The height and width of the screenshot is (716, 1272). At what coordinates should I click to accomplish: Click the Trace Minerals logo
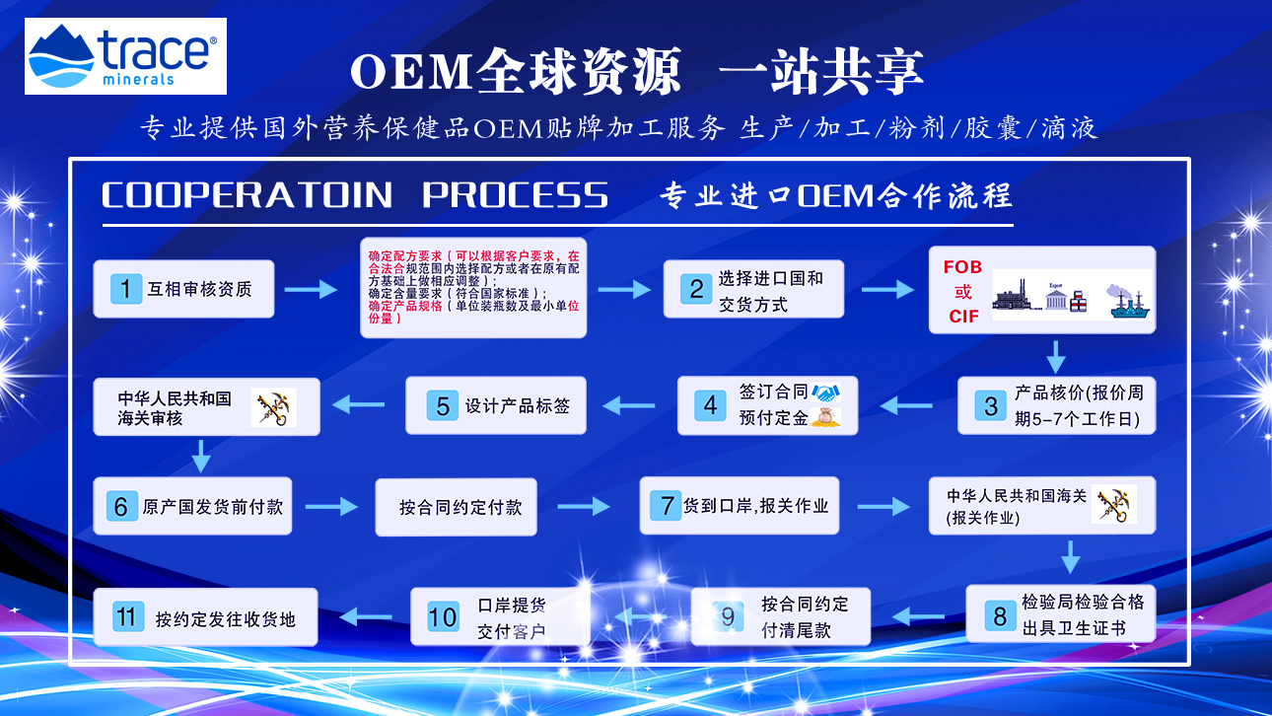[x=125, y=55]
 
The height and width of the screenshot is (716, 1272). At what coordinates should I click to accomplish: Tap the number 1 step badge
[x=125, y=289]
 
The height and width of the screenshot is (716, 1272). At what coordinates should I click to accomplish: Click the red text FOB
[x=962, y=267]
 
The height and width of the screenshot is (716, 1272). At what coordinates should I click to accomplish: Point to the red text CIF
[x=963, y=317]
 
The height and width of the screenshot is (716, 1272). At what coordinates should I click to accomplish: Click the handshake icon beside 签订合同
[x=825, y=393]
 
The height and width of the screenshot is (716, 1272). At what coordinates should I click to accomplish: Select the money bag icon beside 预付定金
[x=825, y=417]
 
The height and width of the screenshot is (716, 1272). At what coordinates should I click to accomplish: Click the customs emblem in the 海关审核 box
[x=274, y=407]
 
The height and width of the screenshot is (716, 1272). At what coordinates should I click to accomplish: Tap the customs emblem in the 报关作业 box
[x=1113, y=504]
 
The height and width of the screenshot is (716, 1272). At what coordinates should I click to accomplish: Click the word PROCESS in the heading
[x=515, y=194]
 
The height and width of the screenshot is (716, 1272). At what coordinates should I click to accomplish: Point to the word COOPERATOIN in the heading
[x=247, y=194]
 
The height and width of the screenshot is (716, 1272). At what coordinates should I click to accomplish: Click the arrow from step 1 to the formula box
[x=311, y=290]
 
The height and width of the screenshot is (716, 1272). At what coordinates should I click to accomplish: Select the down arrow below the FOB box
[x=1056, y=357]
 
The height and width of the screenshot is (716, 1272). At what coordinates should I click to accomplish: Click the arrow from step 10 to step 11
[x=366, y=616]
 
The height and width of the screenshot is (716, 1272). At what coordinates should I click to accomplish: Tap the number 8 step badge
[x=1000, y=616]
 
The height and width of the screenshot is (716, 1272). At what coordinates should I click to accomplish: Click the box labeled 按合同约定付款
[x=456, y=507]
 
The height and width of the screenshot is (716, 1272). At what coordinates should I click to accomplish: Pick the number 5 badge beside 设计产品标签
[x=443, y=405]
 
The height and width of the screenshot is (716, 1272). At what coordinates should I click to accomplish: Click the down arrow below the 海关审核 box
[x=201, y=456]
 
